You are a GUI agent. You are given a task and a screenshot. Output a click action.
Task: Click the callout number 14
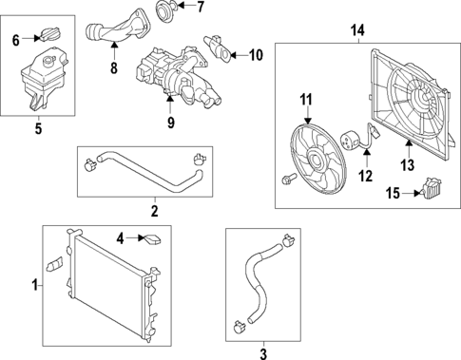coord(357,31)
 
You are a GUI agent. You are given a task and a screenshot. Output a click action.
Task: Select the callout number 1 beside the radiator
coord(35,283)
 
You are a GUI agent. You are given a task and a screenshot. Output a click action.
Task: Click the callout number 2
coord(155,211)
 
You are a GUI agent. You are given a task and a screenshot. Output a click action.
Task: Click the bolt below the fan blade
coord(288,178)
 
